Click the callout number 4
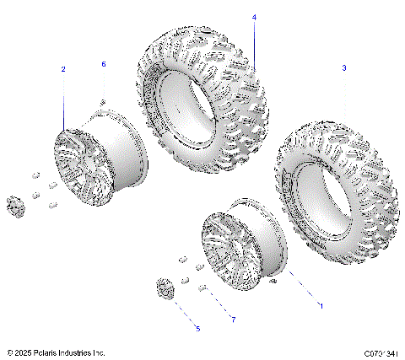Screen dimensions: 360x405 click(x=254, y=18)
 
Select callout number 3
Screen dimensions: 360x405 click(x=343, y=67)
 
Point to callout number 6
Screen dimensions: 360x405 click(x=104, y=64)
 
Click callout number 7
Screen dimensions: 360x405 click(x=233, y=320)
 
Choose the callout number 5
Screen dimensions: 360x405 click(x=197, y=327)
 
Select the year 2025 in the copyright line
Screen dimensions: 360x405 click(x=23, y=352)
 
